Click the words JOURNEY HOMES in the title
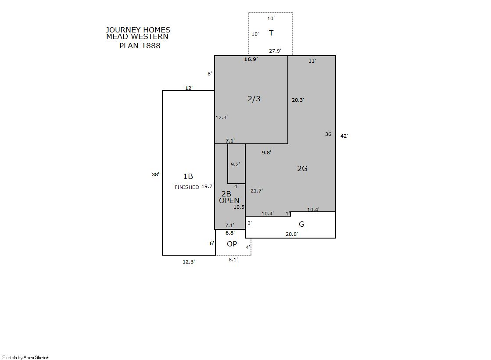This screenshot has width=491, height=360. tap(138, 30)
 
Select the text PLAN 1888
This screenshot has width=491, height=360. tap(140, 46)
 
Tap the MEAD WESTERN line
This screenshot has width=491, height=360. tap(137, 37)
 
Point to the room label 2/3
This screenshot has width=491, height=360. tap(254, 99)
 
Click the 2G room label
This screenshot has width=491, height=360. tap(302, 168)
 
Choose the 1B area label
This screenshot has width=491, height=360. tap(188, 177)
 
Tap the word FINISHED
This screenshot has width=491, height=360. tap(186, 187)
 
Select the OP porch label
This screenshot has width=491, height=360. tap(232, 244)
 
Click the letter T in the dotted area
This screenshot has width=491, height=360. tap(271, 33)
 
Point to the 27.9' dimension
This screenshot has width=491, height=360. tap(275, 51)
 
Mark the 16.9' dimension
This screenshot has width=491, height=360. tap(251, 59)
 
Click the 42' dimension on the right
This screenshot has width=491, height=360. tap(344, 136)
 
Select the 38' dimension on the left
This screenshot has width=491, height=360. tap(155, 175)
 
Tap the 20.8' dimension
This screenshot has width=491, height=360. tap(291, 234)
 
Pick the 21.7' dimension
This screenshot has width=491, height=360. tap(256, 191)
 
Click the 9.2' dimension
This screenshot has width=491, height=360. tap(235, 164)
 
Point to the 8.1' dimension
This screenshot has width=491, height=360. tap(233, 260)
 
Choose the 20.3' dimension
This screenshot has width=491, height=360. tap(298, 100)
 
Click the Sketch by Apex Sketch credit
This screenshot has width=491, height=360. tap(26, 357)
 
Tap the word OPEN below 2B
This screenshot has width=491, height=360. tap(229, 201)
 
